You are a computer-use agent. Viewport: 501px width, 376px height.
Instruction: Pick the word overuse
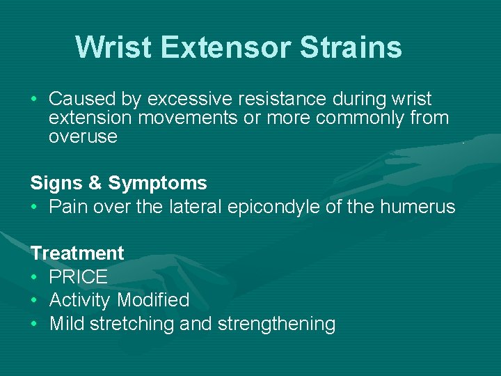pos(83,136)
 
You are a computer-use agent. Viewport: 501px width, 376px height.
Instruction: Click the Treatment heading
pos(77,253)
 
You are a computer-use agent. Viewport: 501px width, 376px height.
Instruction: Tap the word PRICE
pos(79,277)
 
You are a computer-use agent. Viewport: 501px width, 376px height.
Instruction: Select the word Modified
pos(153,300)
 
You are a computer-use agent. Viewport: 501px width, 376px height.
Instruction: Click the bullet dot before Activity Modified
pos(35,301)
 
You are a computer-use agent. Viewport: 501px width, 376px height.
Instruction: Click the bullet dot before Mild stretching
pos(35,324)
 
